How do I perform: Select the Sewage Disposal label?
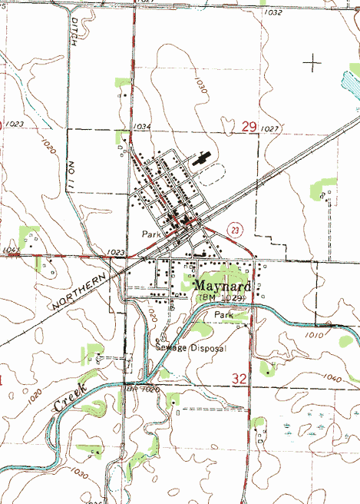pyautogui.click(x=192, y=348)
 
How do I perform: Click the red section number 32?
pyautogui.click(x=239, y=378)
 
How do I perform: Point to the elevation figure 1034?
pyautogui.click(x=141, y=126)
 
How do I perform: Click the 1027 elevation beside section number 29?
pyautogui.click(x=269, y=128)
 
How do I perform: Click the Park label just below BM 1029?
pyautogui.click(x=223, y=315)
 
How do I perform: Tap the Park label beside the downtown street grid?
pyautogui.click(x=150, y=232)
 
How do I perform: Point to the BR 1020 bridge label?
pyautogui.click(x=142, y=391)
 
